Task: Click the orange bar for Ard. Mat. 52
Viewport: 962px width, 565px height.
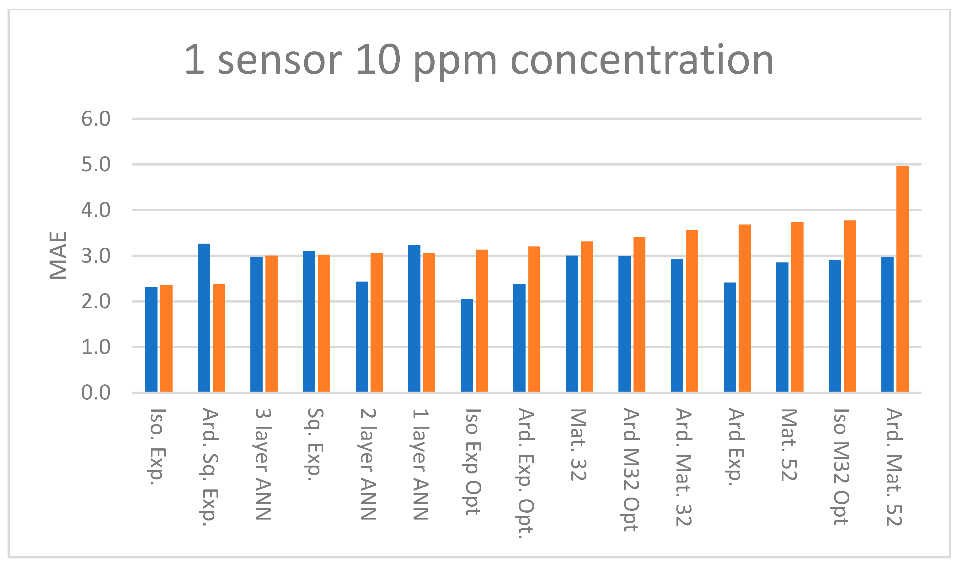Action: pyautogui.click(x=903, y=279)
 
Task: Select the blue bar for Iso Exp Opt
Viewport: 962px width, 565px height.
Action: pyautogui.click(x=467, y=345)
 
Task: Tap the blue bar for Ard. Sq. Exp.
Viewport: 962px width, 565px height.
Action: pyautogui.click(x=204, y=317)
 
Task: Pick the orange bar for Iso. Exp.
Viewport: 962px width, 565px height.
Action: pyautogui.click(x=166, y=338)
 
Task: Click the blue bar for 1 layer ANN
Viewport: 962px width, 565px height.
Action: pyautogui.click(x=414, y=318)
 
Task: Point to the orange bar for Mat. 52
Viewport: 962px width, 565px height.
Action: pyautogui.click(x=798, y=307)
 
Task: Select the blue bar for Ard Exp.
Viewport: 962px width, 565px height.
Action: pyautogui.click(x=730, y=337)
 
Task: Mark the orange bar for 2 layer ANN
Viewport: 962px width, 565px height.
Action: pyautogui.click(x=377, y=322)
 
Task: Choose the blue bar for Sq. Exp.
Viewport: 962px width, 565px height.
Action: pyautogui.click(x=309, y=321)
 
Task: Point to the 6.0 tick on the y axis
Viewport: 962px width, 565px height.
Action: pyautogui.click(x=96, y=119)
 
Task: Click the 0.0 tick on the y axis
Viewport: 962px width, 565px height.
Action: pyautogui.click(x=96, y=393)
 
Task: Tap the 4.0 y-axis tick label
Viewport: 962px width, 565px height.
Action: pyautogui.click(x=96, y=210)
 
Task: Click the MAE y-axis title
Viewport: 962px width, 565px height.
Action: pyautogui.click(x=58, y=255)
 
